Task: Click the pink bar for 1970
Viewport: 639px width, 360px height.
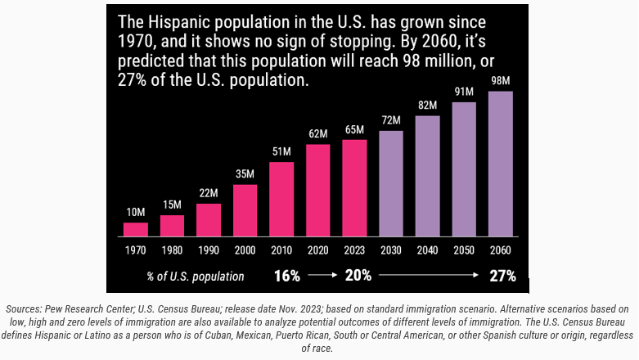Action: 136,228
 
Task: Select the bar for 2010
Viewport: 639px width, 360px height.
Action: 281,198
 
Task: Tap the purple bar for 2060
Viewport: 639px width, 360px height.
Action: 501,163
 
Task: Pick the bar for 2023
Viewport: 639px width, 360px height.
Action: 354,187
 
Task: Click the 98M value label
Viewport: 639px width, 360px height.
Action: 501,81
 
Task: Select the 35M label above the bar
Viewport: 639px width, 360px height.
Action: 245,174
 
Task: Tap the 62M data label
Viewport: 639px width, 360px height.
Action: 317,133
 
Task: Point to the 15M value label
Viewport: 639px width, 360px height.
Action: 172,205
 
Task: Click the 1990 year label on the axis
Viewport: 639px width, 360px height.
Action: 209,250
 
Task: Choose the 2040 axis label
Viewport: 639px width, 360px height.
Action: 427,250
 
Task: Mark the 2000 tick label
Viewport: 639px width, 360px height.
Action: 245,250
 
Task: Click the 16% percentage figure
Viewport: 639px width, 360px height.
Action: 287,276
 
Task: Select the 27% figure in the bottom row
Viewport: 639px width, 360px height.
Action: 502,276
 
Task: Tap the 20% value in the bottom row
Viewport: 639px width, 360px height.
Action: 358,276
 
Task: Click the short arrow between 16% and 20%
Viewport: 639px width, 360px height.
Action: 322,277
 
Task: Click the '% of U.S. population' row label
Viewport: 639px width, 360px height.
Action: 196,277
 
